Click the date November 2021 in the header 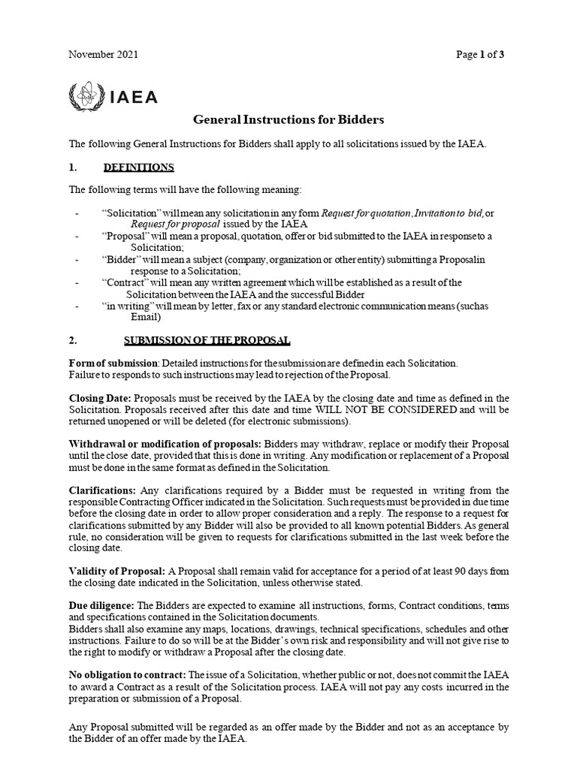[103, 55]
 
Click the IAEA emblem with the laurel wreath [81, 96]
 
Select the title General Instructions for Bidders [288, 119]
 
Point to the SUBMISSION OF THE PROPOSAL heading [207, 340]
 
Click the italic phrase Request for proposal [175, 225]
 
